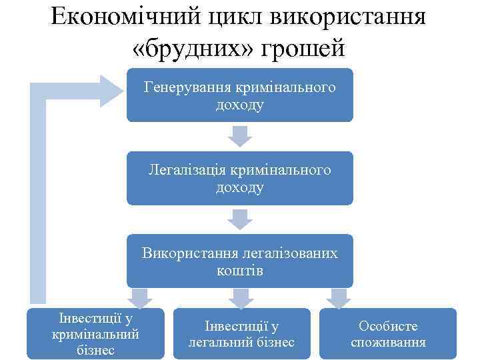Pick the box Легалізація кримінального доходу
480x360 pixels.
[240, 179]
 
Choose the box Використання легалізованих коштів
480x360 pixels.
[240, 261]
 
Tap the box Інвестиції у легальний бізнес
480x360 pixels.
[242, 333]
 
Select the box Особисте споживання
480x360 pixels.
[388, 333]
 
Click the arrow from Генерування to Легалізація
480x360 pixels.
[240, 137]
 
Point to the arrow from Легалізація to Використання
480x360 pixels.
[240, 219]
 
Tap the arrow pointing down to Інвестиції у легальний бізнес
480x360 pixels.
[241, 298]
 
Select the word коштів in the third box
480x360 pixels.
[240, 270]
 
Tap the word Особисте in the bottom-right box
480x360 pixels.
[388, 326]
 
